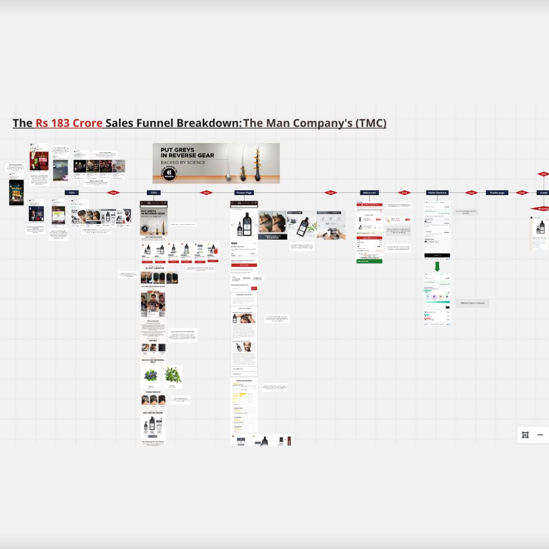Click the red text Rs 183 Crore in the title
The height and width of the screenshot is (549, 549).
(69, 123)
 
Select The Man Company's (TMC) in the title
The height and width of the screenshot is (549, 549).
(315, 123)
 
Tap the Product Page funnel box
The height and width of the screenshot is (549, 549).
(244, 193)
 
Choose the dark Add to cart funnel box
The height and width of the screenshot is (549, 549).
(370, 193)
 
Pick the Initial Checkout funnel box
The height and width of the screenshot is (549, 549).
(437, 193)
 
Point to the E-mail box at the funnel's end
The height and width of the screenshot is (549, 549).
(543, 193)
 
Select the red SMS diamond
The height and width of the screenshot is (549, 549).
(543, 174)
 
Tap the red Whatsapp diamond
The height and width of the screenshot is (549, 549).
(541, 208)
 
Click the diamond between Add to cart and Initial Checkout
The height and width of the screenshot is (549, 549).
(405, 193)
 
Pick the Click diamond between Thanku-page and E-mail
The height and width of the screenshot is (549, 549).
(522, 193)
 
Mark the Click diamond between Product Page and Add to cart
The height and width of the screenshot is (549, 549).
(331, 193)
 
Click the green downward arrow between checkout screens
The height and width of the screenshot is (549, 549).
(437, 266)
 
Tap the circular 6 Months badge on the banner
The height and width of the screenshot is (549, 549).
(169, 173)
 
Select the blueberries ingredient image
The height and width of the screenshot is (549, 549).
(151, 376)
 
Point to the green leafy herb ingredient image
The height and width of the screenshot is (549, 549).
(172, 376)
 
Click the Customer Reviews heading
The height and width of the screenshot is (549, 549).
(244, 380)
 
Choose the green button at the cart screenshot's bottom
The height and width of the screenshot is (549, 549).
(370, 261)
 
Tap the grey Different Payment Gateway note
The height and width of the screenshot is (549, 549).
(472, 302)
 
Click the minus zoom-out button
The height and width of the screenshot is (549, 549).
(540, 435)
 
